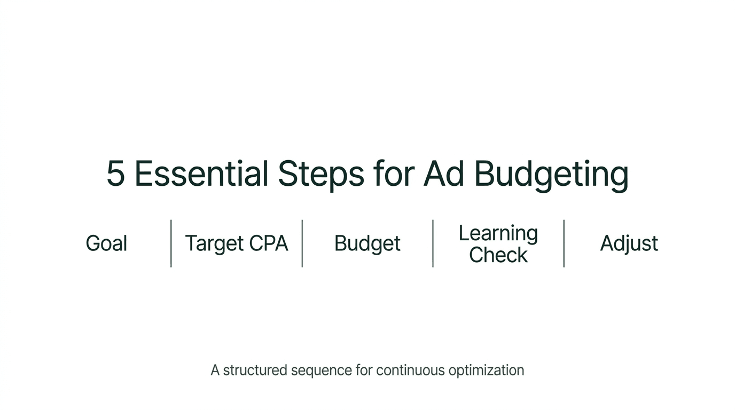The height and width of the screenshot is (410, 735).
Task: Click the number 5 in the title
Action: click(115, 174)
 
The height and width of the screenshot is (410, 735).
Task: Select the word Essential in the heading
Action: click(201, 174)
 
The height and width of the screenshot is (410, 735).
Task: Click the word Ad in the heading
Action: click(443, 174)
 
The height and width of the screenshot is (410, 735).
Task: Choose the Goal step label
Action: click(106, 243)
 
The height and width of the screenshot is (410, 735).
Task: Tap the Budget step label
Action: click(367, 243)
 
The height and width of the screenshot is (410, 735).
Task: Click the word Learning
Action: click(498, 233)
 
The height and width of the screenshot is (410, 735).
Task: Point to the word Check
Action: click(498, 255)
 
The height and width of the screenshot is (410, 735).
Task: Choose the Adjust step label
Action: click(629, 243)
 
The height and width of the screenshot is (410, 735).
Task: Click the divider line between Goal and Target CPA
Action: click(171, 243)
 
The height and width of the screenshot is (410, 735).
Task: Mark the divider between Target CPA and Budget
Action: click(302, 243)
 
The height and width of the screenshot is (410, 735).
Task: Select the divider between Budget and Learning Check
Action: click(433, 243)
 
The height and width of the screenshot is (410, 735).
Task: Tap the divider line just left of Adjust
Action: click(564, 243)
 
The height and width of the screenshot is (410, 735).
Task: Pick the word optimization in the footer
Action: click(486, 370)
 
